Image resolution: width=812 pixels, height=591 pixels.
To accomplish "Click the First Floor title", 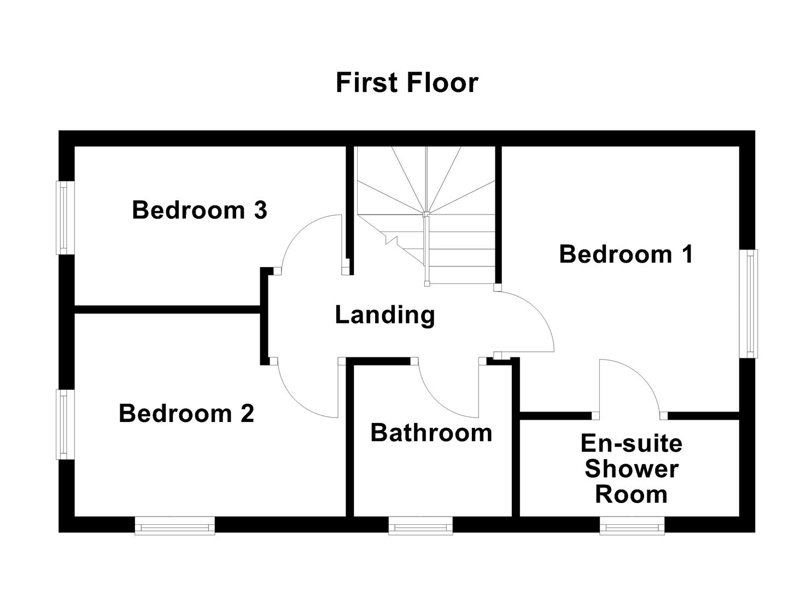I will (x=406, y=83).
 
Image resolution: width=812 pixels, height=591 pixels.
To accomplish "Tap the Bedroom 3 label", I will (x=199, y=210).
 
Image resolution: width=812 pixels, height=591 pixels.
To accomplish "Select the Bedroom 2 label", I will (x=186, y=414).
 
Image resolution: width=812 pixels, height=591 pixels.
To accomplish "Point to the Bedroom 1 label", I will (x=626, y=254).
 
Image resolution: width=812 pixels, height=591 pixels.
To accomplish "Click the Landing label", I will (x=384, y=315).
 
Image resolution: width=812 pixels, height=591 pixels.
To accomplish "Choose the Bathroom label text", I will (x=431, y=433).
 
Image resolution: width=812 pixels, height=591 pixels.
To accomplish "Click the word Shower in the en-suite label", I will (x=631, y=469).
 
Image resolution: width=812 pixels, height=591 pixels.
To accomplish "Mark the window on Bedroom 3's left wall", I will (x=65, y=218).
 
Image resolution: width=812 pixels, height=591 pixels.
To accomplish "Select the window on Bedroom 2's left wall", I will (x=65, y=424).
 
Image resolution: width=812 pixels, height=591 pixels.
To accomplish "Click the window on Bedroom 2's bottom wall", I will (x=174, y=526).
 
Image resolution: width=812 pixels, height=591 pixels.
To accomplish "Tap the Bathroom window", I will (x=420, y=526).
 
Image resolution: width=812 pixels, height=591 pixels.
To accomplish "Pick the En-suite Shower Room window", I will (x=632, y=526).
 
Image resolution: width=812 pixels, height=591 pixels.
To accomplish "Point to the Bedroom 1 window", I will (x=749, y=303).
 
